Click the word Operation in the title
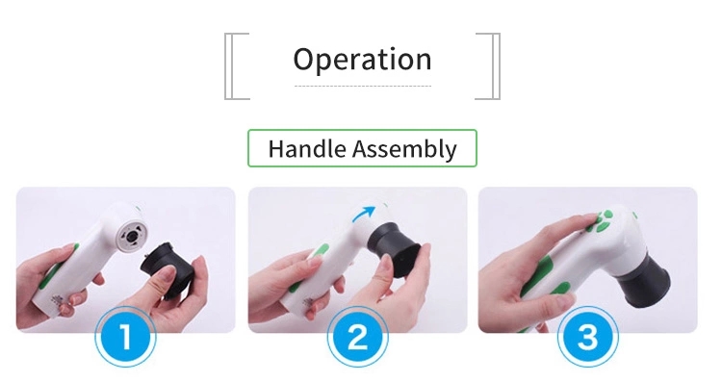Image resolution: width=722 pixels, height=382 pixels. click(x=362, y=60)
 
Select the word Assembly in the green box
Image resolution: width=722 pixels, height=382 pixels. click(x=404, y=149)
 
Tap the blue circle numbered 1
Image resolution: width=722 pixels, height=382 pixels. click(x=125, y=337)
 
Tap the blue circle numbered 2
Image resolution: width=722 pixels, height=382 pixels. click(x=358, y=337)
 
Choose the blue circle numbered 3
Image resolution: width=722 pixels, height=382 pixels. click(x=587, y=337)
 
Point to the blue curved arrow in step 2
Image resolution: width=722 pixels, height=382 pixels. click(x=363, y=213)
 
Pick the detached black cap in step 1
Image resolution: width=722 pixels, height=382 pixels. click(x=164, y=269)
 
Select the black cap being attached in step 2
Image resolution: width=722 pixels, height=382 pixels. click(x=393, y=247)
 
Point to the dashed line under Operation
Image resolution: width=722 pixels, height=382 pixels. click(x=363, y=86)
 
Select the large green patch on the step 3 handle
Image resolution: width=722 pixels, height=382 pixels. click(x=539, y=274)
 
